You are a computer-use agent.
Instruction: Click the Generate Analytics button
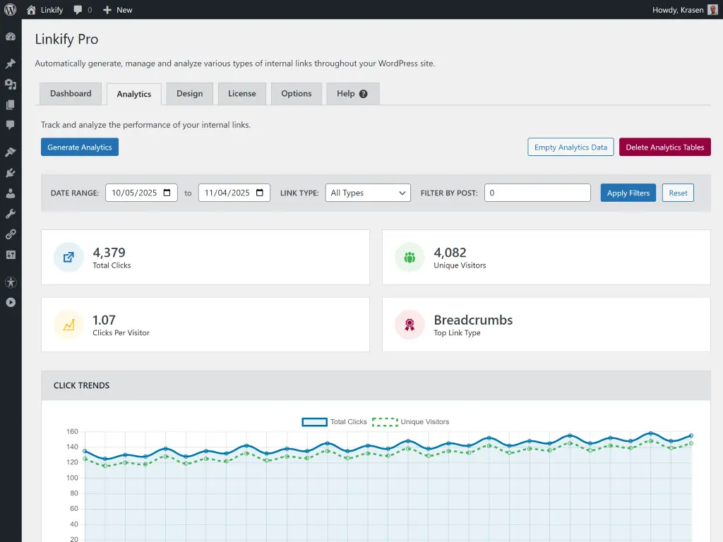pyautogui.click(x=80, y=147)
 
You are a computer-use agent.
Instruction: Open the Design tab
pyautogui.click(x=189, y=94)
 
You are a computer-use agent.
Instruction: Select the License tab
pyautogui.click(x=242, y=94)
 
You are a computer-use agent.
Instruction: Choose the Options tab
pyautogui.click(x=296, y=94)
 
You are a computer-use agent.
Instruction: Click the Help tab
pyautogui.click(x=352, y=94)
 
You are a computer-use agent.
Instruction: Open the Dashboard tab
pyautogui.click(x=71, y=94)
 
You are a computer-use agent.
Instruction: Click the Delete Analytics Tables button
pyautogui.click(x=664, y=147)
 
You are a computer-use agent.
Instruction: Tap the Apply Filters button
pyautogui.click(x=628, y=193)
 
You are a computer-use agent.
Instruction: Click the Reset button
pyautogui.click(x=678, y=193)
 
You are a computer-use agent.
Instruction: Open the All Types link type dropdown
pyautogui.click(x=368, y=193)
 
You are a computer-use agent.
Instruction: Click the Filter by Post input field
pyautogui.click(x=537, y=193)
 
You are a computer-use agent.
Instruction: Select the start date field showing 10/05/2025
pyautogui.click(x=141, y=193)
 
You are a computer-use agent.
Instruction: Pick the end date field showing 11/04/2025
pyautogui.click(x=234, y=193)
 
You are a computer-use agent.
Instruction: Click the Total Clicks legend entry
pyautogui.click(x=335, y=422)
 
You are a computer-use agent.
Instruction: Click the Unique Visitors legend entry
pyautogui.click(x=411, y=422)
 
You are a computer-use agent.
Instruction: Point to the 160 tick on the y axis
pyautogui.click(x=72, y=431)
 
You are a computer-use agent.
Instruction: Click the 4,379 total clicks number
pyautogui.click(x=109, y=253)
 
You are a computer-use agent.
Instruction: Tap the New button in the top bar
pyautogui.click(x=117, y=10)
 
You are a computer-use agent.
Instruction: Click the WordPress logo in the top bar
pyautogui.click(x=10, y=10)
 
